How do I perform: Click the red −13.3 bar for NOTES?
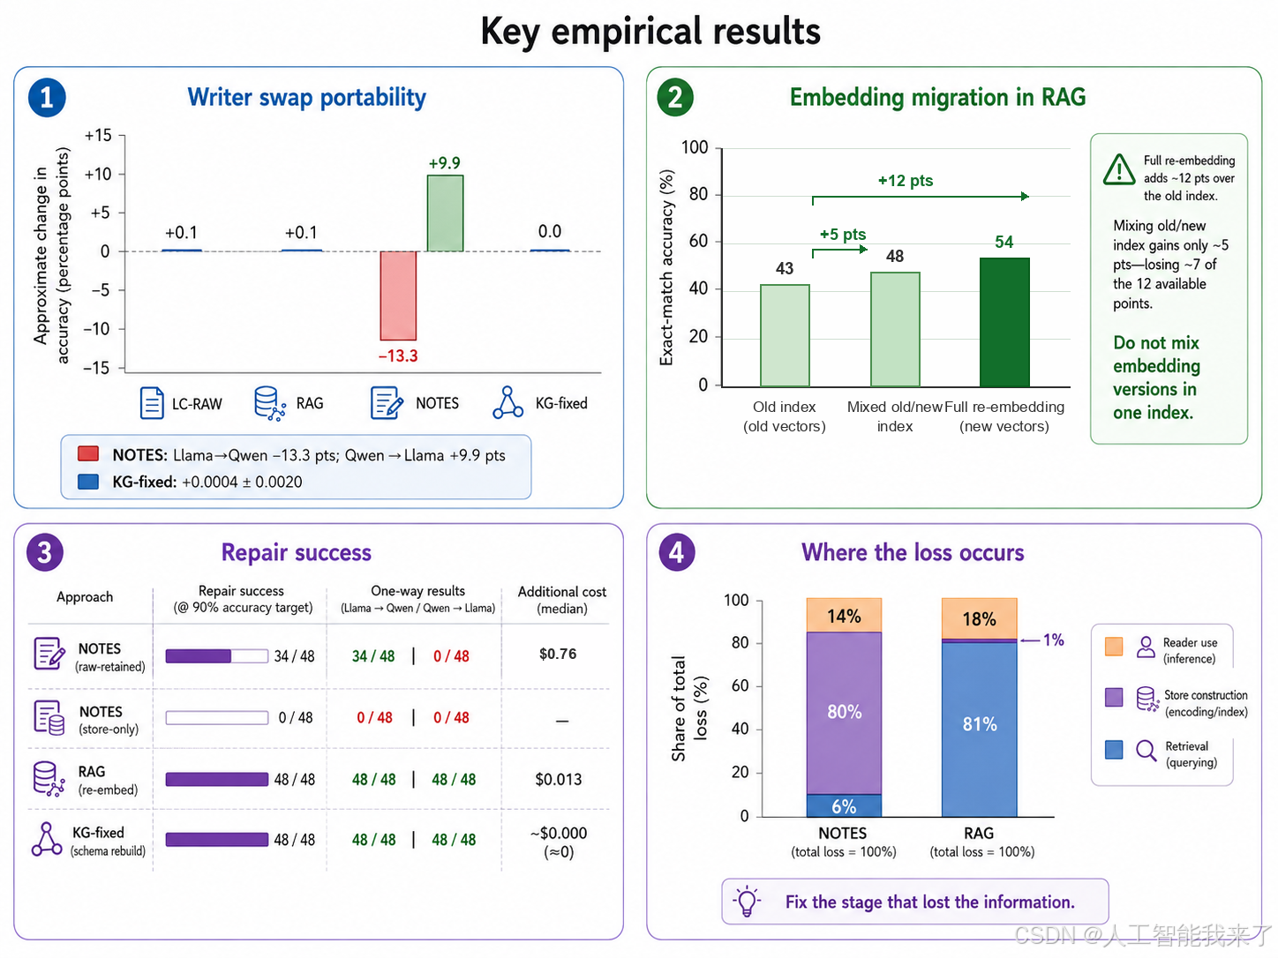pos(398,296)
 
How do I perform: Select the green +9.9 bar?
pos(446,213)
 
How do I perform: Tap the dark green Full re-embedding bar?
pos(1004,322)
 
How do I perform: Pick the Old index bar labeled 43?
pos(785,335)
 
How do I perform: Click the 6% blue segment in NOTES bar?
pos(844,805)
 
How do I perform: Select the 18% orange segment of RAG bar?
pos(980,618)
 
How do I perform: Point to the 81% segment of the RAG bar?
pos(980,730)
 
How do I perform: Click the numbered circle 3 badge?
pos(45,552)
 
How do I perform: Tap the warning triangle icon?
pos(1118,170)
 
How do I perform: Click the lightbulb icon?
pos(747,901)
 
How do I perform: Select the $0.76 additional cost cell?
pos(558,655)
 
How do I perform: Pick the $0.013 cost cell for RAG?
pos(559,780)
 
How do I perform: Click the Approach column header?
pos(85,597)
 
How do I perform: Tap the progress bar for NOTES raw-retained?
pos(216,656)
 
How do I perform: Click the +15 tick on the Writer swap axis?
pos(98,136)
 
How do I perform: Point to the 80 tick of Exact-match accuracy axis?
pos(698,194)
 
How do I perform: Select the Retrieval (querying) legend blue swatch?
pos(1114,750)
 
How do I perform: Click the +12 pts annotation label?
pos(906,181)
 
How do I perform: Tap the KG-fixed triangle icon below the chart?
pos(507,402)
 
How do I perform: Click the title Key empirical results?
pos(650,32)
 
